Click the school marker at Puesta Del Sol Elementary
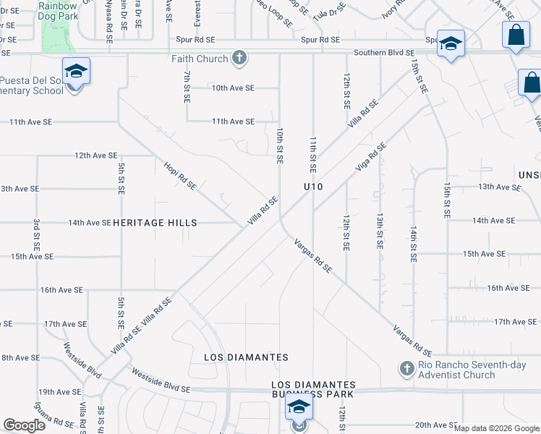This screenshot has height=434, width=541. click(x=76, y=72)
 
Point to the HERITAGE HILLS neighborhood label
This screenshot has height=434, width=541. click(x=155, y=223)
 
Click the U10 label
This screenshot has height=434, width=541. click(x=312, y=187)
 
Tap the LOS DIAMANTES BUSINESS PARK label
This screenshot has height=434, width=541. click(x=313, y=389)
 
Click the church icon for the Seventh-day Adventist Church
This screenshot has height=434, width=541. click(x=406, y=370)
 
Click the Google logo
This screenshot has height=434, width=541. click(x=24, y=425)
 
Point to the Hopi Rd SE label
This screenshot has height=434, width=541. click(x=180, y=175)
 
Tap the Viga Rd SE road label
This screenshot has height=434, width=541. click(x=371, y=156)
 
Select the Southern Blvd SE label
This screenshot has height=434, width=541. click(x=384, y=53)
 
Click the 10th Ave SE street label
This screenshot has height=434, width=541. click(x=233, y=88)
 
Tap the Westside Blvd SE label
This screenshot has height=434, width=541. click(x=160, y=380)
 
